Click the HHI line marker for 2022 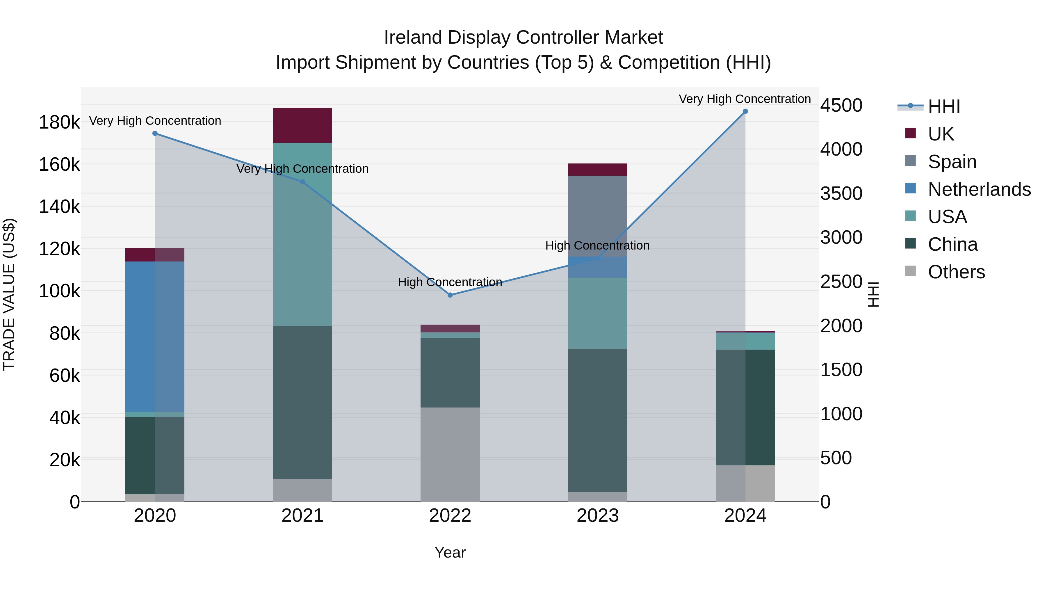pos(450,295)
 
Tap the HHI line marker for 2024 pos(745,111)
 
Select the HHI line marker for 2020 pos(155,133)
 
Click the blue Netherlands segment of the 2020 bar pos(154,337)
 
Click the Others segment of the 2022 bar pos(450,454)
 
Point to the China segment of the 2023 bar pos(597,420)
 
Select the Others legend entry pos(956,272)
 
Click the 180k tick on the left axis pos(59,122)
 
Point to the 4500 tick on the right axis pos(841,106)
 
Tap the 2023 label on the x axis pos(597,516)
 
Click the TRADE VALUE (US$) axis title pos(9,294)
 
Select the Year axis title pos(450,552)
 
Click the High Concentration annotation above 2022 pos(450,282)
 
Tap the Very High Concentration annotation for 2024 pos(745,99)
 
